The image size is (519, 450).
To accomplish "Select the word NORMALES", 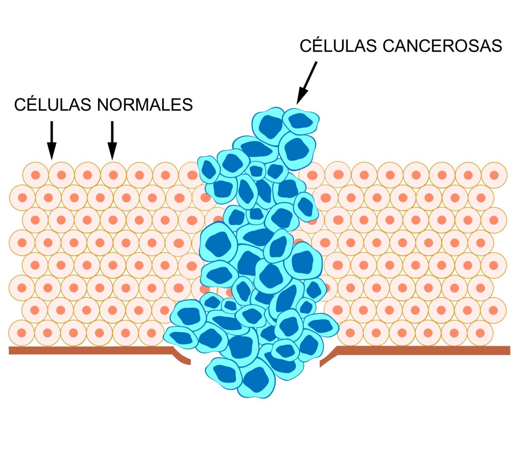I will coord(145,105).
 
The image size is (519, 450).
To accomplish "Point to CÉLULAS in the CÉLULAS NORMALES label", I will coord(53,105).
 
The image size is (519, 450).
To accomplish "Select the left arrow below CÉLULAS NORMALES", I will coord(52,139).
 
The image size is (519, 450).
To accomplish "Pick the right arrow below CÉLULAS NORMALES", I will coord(112,139).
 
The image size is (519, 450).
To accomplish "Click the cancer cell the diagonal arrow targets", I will coord(301,121).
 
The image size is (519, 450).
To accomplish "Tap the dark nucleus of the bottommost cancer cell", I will coord(256,380).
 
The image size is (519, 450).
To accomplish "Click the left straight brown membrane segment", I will coord(89,351).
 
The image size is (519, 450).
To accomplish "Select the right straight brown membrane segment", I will coord(421,350).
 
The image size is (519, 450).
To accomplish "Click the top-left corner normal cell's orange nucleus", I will coord(35,175).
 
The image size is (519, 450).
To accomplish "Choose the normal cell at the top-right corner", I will coord(494,175).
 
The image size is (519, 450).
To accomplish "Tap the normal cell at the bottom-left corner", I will coord(22,333).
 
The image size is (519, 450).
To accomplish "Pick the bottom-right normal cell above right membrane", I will coord(480,333).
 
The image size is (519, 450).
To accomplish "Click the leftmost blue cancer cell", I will coord(180,337).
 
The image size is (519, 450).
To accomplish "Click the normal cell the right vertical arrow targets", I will coord(113,175).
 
